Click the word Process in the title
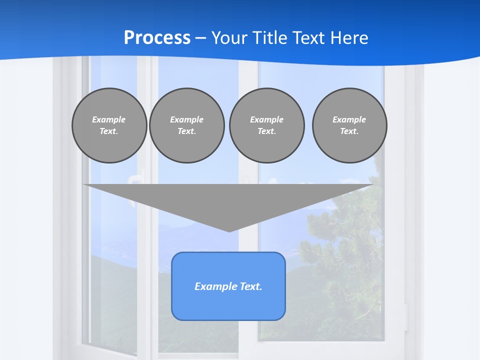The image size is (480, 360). [x=157, y=38]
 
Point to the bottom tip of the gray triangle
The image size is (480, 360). [x=229, y=230]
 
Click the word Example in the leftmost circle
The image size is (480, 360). [x=109, y=119]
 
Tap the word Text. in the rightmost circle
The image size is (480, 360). [x=349, y=131]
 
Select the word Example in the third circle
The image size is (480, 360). [x=266, y=119]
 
